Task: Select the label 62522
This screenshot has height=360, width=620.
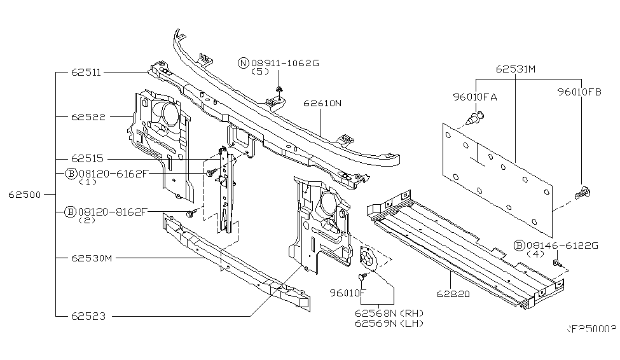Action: point(88,117)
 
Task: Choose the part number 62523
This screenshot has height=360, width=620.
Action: point(88,315)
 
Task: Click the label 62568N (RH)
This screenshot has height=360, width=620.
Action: point(390,313)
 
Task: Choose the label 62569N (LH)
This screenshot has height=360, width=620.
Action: point(390,323)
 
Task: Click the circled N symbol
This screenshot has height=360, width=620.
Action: point(243,62)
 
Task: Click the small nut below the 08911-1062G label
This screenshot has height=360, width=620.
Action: point(280,88)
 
